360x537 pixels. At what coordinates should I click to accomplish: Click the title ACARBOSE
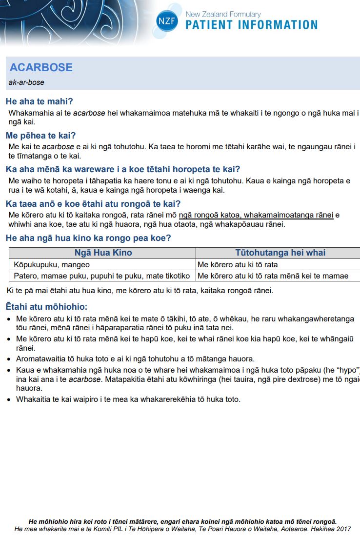click(x=41, y=68)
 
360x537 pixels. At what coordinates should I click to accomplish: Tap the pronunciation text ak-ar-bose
click(x=26, y=82)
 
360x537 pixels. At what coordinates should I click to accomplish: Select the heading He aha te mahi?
click(x=39, y=101)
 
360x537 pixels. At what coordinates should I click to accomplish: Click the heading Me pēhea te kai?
click(x=40, y=135)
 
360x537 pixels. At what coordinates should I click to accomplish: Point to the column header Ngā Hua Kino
click(x=103, y=253)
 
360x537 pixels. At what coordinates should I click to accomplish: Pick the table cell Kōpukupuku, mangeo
click(x=52, y=265)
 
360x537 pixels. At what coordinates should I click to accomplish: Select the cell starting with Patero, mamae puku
click(x=101, y=276)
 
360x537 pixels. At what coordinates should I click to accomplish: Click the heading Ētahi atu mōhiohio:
click(x=46, y=307)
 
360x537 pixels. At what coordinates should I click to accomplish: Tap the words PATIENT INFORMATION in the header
click(x=251, y=25)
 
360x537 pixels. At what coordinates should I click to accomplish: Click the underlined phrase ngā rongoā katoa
click(x=210, y=215)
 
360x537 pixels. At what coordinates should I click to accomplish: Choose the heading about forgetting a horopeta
click(x=122, y=169)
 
